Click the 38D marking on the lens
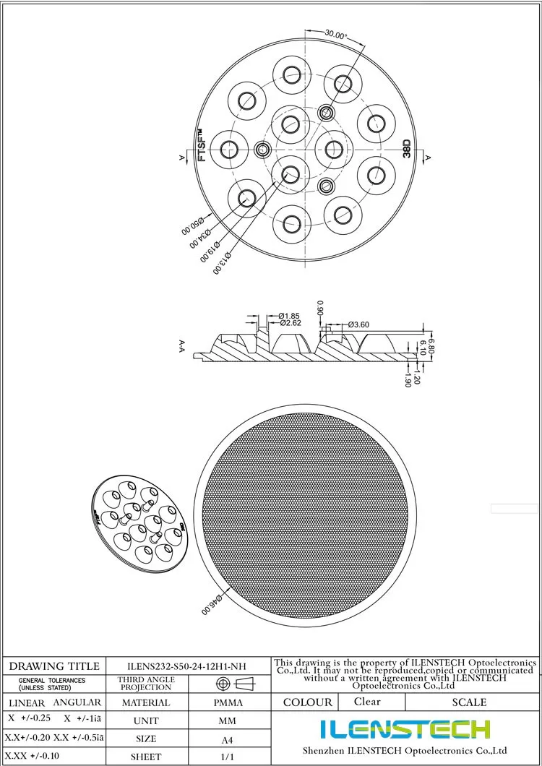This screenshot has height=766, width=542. pos(407,149)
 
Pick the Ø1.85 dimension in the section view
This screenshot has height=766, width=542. pos(289,316)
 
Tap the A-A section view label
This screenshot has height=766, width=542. pos(182,347)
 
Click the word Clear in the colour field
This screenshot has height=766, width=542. pos(367,702)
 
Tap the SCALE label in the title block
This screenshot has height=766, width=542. pos(469,702)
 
